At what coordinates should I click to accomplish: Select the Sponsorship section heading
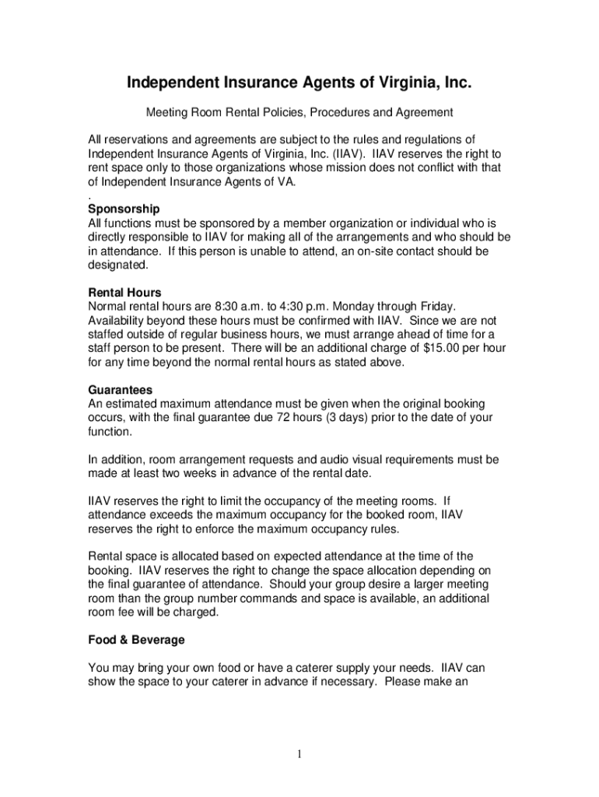[124, 209]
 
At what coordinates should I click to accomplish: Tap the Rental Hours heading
[125, 293]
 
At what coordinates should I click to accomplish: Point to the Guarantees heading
[121, 390]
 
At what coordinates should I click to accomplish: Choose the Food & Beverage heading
[137, 640]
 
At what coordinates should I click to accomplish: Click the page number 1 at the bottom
[299, 754]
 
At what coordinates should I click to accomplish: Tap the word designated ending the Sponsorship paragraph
[117, 265]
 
